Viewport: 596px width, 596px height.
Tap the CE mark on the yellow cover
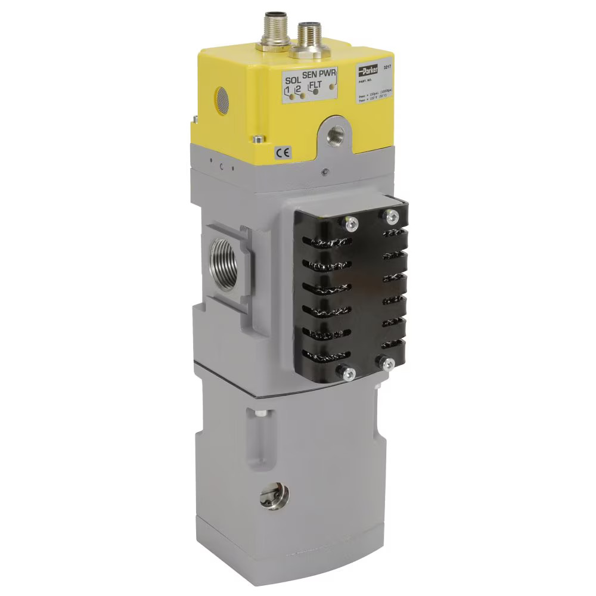(x=283, y=153)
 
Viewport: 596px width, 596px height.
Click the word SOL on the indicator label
(x=293, y=80)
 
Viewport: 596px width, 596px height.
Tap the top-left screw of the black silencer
(x=350, y=223)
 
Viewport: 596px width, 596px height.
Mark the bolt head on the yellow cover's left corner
(x=256, y=139)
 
